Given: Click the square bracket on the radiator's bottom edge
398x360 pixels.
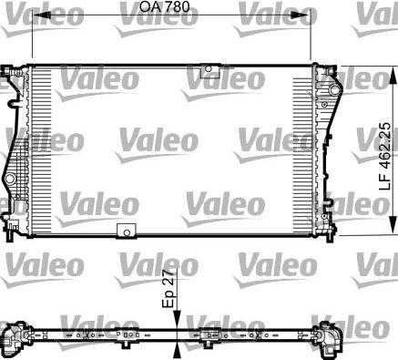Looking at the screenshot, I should point(125,231).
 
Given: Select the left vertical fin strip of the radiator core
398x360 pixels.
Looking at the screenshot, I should point(41,150).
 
